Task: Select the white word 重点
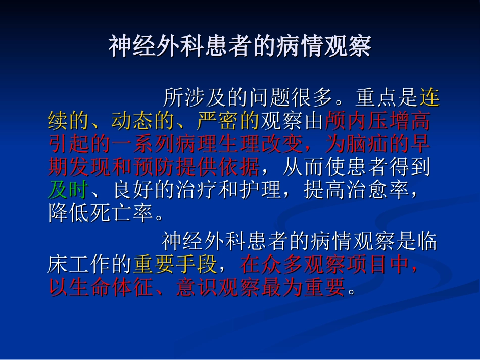point(376,98)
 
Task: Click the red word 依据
point(238,168)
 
